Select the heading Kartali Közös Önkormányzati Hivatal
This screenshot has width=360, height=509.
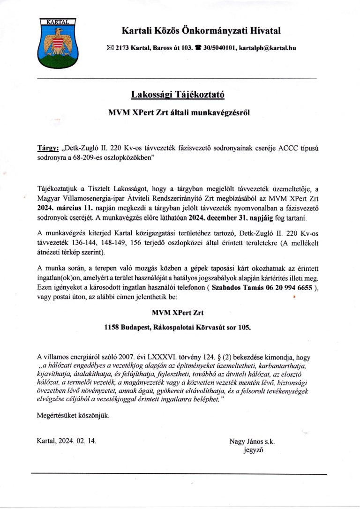(201, 31)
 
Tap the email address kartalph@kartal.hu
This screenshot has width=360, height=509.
(267, 48)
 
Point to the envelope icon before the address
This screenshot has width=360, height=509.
(110, 48)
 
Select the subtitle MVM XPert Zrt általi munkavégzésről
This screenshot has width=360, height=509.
(178, 112)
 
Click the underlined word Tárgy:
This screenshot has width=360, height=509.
(47, 148)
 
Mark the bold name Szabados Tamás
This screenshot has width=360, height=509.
(238, 288)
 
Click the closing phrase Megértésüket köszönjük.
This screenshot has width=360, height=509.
(73, 415)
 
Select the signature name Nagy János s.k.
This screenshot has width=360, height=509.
(252, 441)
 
